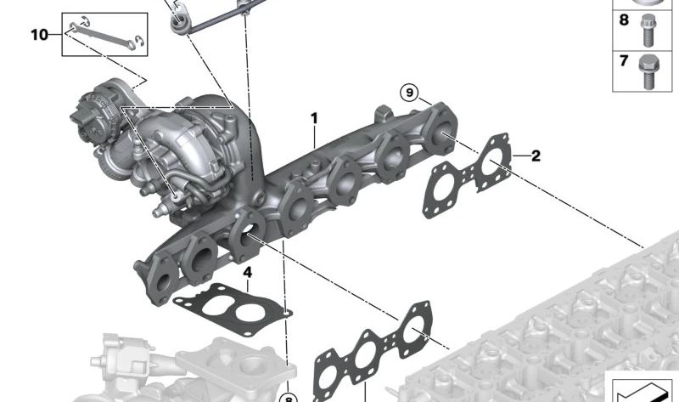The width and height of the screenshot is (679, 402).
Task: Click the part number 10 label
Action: [x=39, y=34]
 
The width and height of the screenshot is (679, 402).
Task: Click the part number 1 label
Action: [x=314, y=118]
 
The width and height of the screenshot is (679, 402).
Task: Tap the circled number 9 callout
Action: [x=409, y=93]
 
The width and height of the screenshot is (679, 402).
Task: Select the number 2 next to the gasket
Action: [x=536, y=156]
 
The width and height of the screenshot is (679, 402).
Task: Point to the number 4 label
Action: [x=247, y=272]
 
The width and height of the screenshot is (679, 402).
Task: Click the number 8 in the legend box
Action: [x=624, y=20]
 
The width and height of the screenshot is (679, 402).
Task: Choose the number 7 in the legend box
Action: [x=624, y=60]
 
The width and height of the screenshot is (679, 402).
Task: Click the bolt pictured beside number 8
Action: [x=648, y=31]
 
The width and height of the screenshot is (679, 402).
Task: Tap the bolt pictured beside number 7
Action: [x=648, y=72]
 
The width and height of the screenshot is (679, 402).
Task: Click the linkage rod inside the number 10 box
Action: [x=103, y=36]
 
